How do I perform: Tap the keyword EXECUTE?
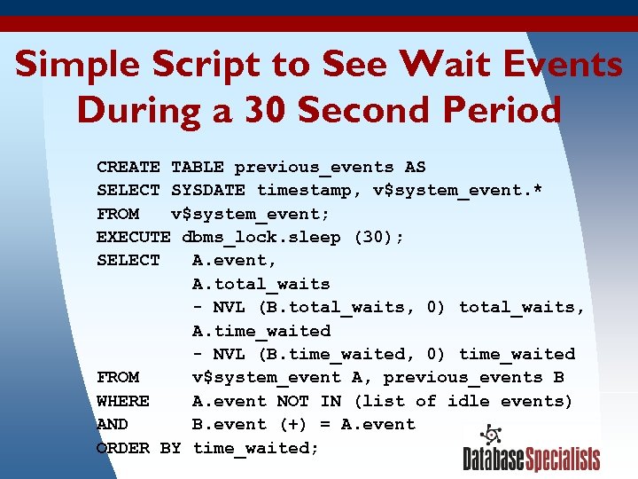(x=134, y=237)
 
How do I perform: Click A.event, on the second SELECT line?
(x=235, y=260)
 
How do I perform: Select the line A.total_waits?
(x=261, y=284)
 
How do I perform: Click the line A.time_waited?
(x=261, y=331)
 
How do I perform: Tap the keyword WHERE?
(x=123, y=401)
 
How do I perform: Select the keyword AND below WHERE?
(x=113, y=424)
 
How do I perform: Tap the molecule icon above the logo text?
(x=491, y=436)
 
